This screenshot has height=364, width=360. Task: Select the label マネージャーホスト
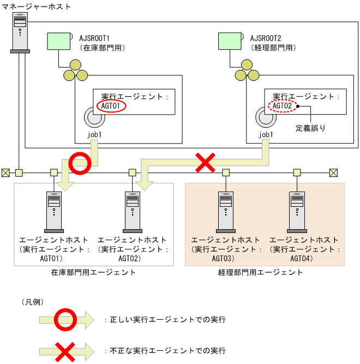click(x=33, y=5)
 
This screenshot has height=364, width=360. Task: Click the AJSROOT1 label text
click(x=95, y=39)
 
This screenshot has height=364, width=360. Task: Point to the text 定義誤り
click(x=310, y=129)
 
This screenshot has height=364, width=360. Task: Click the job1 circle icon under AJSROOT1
click(x=94, y=117)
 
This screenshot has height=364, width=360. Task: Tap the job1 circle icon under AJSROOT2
click(x=266, y=117)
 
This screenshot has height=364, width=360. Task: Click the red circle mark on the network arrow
click(x=80, y=164)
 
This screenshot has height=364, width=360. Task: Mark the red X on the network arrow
click(x=205, y=163)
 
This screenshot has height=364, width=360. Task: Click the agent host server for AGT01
click(x=53, y=210)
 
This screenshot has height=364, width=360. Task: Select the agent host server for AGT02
click(x=132, y=210)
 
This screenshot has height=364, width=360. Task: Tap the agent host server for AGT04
click(x=297, y=210)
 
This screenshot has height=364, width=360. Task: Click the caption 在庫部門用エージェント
click(x=93, y=272)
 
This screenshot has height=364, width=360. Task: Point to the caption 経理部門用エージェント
click(x=265, y=272)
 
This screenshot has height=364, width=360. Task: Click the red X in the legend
click(x=65, y=350)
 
